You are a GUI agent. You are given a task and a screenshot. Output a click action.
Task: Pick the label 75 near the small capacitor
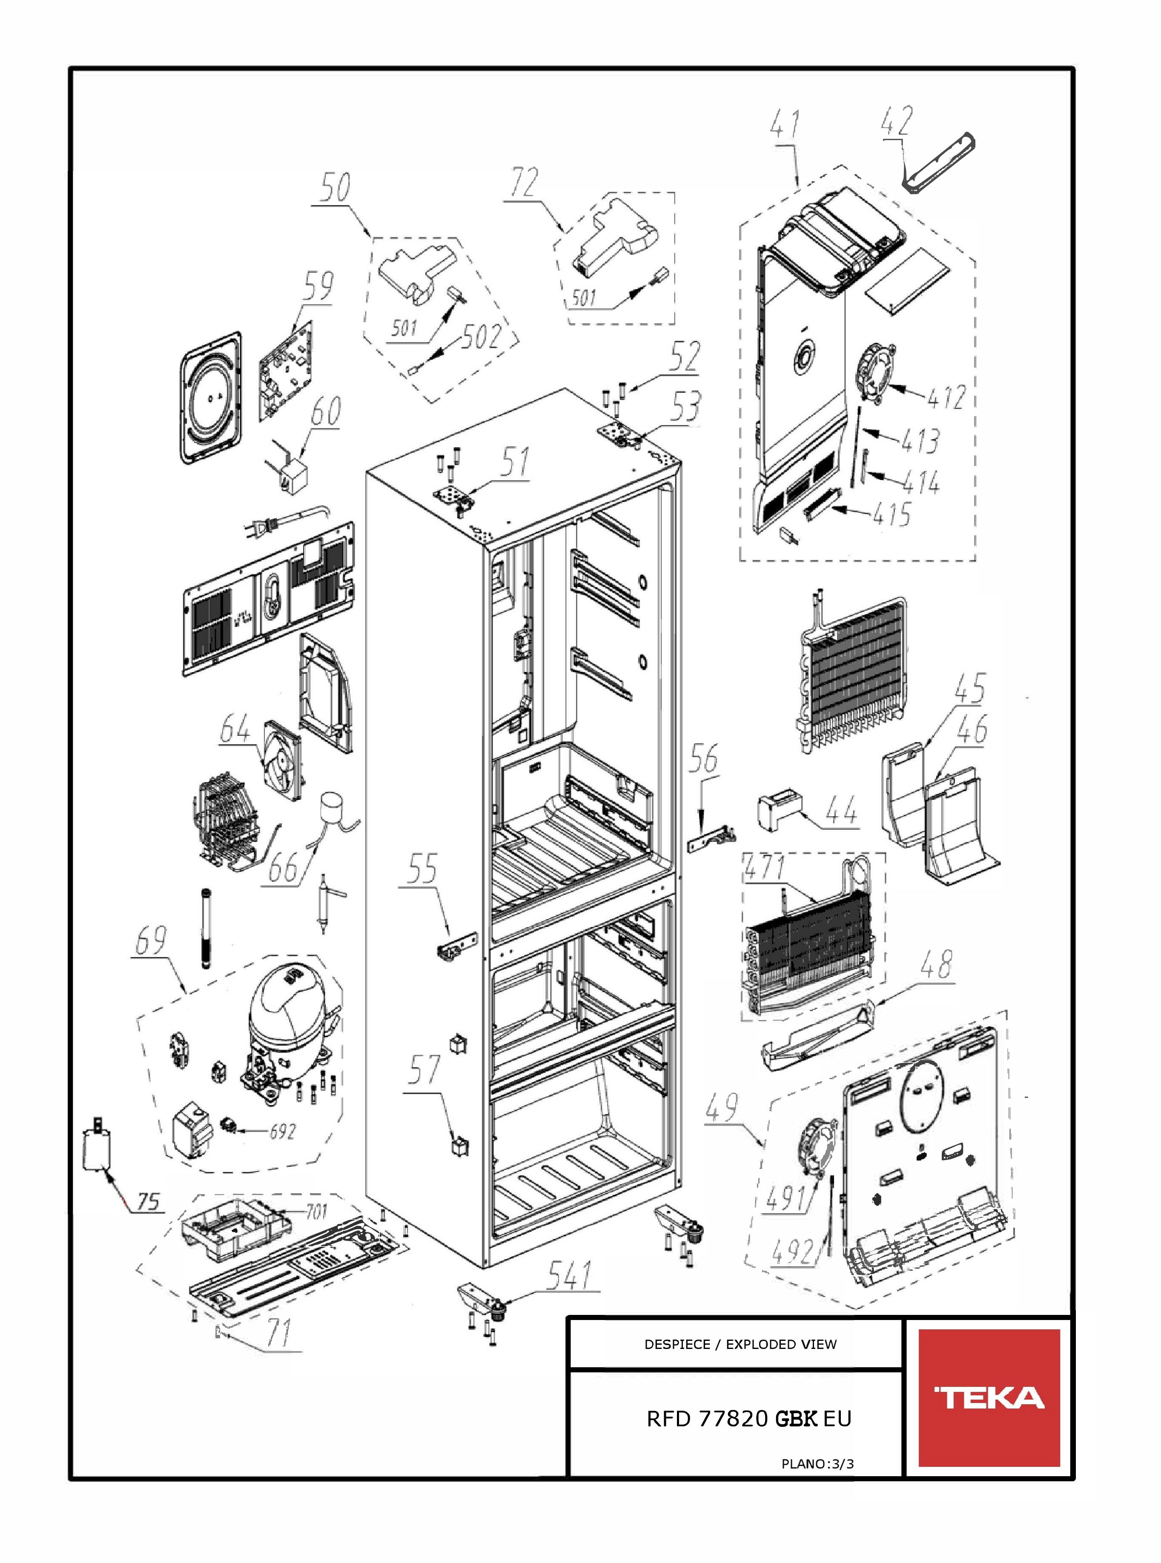coord(148,1201)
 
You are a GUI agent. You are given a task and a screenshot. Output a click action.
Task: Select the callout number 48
coord(937,965)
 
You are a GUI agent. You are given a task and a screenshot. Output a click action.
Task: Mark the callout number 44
coord(842,812)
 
